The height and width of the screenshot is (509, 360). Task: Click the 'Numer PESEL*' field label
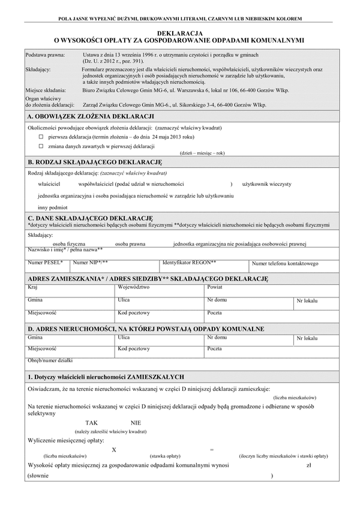point(41,263)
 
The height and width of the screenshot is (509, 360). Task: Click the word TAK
point(91,423)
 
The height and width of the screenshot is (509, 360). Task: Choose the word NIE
point(136,423)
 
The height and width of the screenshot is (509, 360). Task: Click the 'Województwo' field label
point(134,288)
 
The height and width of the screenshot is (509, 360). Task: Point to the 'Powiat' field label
point(214,288)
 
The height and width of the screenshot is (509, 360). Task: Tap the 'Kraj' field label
point(33,288)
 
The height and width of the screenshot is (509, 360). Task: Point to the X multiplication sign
point(114,449)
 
